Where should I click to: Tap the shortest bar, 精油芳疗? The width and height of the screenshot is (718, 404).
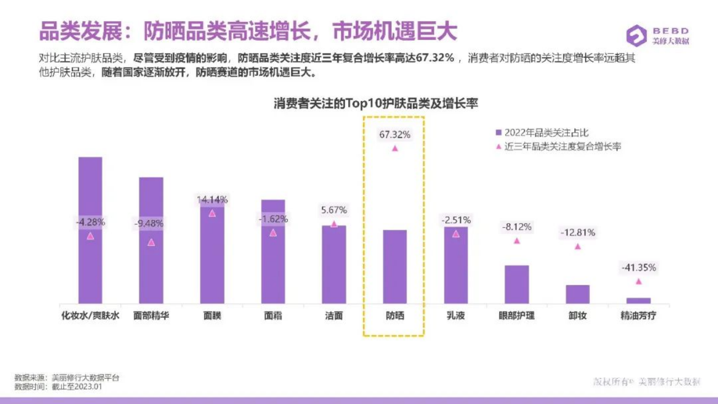coord(638,300)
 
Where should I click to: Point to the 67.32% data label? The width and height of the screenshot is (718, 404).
coord(395,134)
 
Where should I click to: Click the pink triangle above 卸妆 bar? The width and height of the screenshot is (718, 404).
coord(577,247)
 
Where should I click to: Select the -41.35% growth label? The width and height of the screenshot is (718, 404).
coord(638,268)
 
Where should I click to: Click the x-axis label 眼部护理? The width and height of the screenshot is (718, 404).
coord(516,316)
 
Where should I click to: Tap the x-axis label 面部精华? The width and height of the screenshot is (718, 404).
coord(151,316)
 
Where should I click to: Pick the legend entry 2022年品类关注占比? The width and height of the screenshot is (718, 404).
coord(546,133)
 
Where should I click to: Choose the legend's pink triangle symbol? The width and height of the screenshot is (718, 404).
coord(499,146)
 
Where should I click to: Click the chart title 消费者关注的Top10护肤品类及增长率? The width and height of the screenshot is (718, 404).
coord(376,104)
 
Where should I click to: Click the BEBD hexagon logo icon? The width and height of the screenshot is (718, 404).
coord(636,35)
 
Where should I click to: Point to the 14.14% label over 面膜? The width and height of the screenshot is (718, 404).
coord(212,200)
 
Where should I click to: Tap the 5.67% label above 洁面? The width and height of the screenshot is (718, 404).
coord(333,210)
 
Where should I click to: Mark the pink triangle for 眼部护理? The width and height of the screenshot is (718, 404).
coord(516,241)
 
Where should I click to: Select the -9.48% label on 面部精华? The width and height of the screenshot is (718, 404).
coord(149,223)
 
